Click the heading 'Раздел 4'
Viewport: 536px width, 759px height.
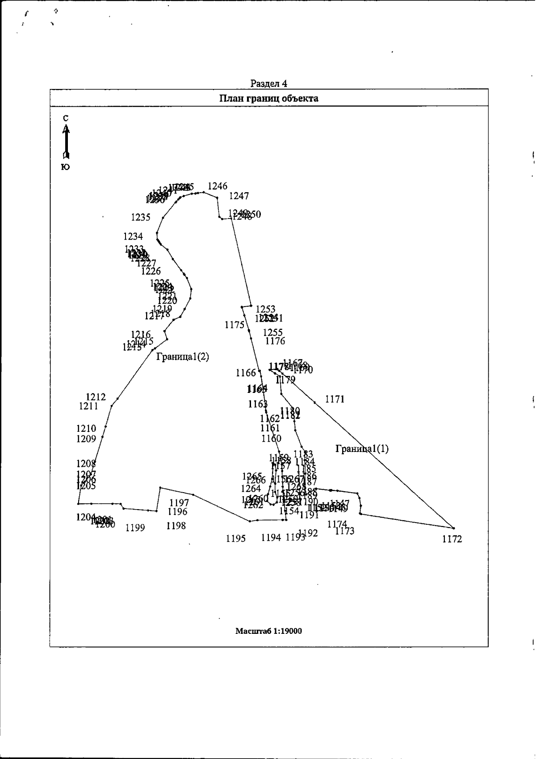pos(268,84)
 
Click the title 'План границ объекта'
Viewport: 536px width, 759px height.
pos(268,98)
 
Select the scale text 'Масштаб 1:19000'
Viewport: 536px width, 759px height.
pos(268,631)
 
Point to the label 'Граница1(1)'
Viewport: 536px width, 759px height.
pos(362,449)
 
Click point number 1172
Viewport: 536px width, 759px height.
pos(452,539)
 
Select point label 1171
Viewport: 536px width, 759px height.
pos(335,399)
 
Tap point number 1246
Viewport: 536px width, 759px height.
pos(218,186)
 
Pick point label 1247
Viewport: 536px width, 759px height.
pos(239,196)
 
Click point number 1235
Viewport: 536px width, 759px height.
pos(141,217)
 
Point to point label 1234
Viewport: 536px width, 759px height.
pos(133,236)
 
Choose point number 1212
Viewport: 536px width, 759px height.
pos(96,397)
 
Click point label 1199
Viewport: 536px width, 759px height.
pos(135,528)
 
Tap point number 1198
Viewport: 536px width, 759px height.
pos(176,526)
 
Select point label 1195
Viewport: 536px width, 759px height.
pos(236,539)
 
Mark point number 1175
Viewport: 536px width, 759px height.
pos(234,325)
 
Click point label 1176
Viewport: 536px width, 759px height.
pos(275,341)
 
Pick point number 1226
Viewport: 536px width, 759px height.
pos(151,271)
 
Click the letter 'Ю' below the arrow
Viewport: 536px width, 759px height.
pos(65,167)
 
